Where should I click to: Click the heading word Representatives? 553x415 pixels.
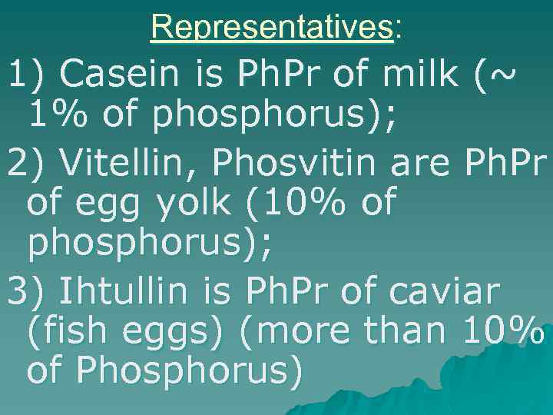(x=273, y=28)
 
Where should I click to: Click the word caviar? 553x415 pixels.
(x=445, y=292)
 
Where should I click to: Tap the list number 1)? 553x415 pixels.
(x=26, y=75)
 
